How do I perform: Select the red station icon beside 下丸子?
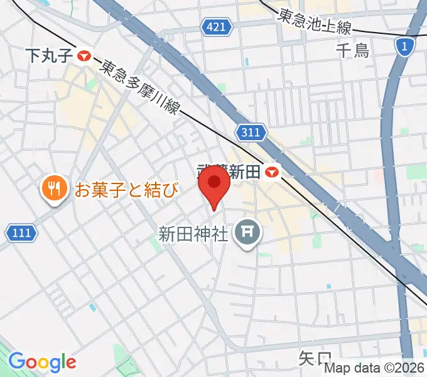(84, 56)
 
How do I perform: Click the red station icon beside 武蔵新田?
(272, 171)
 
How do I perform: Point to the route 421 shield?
(218, 26)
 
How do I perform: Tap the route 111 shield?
(21, 233)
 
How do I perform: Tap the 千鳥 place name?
(353, 50)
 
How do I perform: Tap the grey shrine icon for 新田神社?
(247, 234)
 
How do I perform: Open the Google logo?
(42, 362)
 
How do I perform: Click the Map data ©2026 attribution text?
(374, 368)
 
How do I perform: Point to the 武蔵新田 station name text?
(229, 171)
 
